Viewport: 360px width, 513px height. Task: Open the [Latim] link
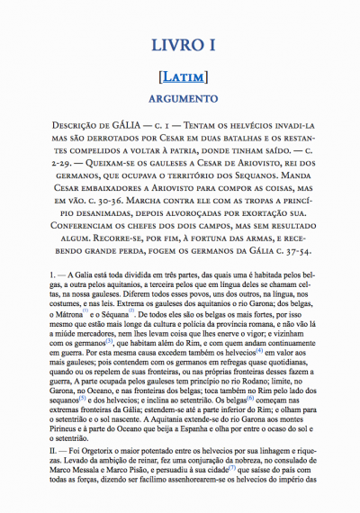(180, 76)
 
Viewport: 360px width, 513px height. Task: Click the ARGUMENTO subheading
(180, 97)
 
